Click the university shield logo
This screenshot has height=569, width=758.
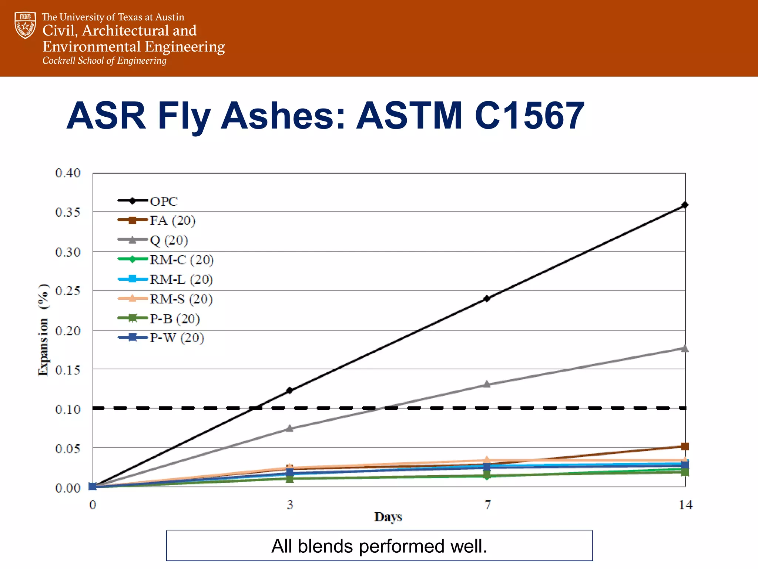click(25, 25)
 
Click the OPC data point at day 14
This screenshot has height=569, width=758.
click(685, 205)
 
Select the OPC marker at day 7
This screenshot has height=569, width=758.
click(487, 298)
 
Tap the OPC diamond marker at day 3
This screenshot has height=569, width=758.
click(289, 390)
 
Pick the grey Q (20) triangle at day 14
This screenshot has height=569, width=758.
click(685, 348)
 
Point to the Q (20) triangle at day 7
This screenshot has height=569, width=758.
click(487, 384)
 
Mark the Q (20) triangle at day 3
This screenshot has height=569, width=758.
click(290, 429)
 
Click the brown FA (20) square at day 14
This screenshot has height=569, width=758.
click(685, 446)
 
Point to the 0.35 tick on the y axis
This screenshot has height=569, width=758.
click(68, 212)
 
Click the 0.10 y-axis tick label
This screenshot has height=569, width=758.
click(68, 409)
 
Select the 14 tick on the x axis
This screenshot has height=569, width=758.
click(685, 505)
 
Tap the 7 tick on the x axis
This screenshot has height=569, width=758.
click(488, 505)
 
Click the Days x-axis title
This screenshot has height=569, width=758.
click(388, 517)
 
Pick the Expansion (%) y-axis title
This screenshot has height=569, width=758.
click(43, 330)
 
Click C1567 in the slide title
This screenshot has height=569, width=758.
click(529, 116)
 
